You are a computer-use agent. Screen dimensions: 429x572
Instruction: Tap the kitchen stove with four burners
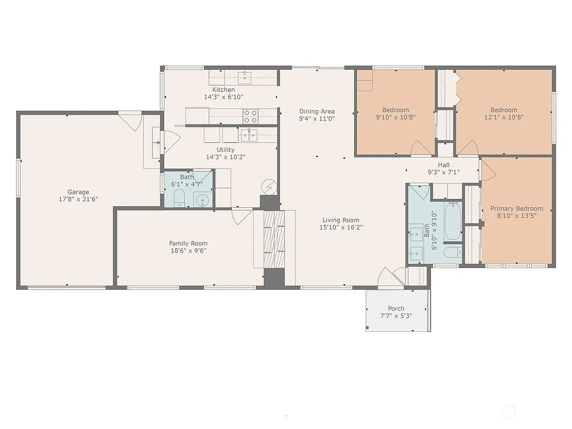pyautogui.click(x=250, y=116)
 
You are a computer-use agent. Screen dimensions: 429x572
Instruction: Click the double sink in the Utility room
pyautogui.click(x=249, y=135)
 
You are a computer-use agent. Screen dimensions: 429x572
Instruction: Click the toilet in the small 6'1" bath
pyautogui.click(x=179, y=198)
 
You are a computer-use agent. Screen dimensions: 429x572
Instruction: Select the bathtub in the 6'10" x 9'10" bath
pyautogui.click(x=452, y=221)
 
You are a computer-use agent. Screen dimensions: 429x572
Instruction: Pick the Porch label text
pyautogui.click(x=396, y=309)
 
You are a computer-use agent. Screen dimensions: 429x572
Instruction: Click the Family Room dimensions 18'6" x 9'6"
pyautogui.click(x=188, y=251)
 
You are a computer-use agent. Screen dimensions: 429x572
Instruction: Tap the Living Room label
pyautogui.click(x=340, y=220)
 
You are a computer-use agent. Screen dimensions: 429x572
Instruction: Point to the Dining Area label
pyautogui.click(x=317, y=111)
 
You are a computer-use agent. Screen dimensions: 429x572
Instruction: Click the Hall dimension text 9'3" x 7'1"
pyautogui.click(x=444, y=173)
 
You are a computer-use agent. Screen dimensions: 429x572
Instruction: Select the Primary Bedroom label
pyautogui.click(x=516, y=208)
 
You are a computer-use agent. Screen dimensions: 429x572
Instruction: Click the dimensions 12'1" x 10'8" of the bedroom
pyautogui.click(x=504, y=118)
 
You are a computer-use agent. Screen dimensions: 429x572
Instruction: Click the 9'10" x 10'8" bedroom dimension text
pyautogui.click(x=395, y=118)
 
